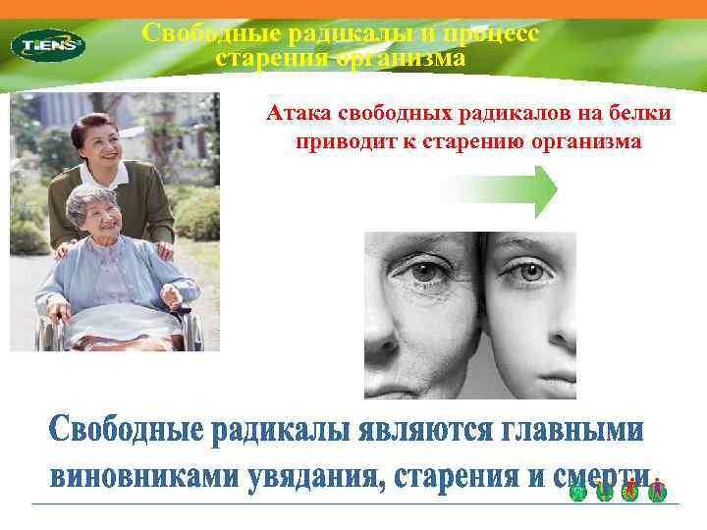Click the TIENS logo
(47, 44)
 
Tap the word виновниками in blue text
(132, 478)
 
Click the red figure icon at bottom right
(629, 491)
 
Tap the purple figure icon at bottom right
(658, 491)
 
